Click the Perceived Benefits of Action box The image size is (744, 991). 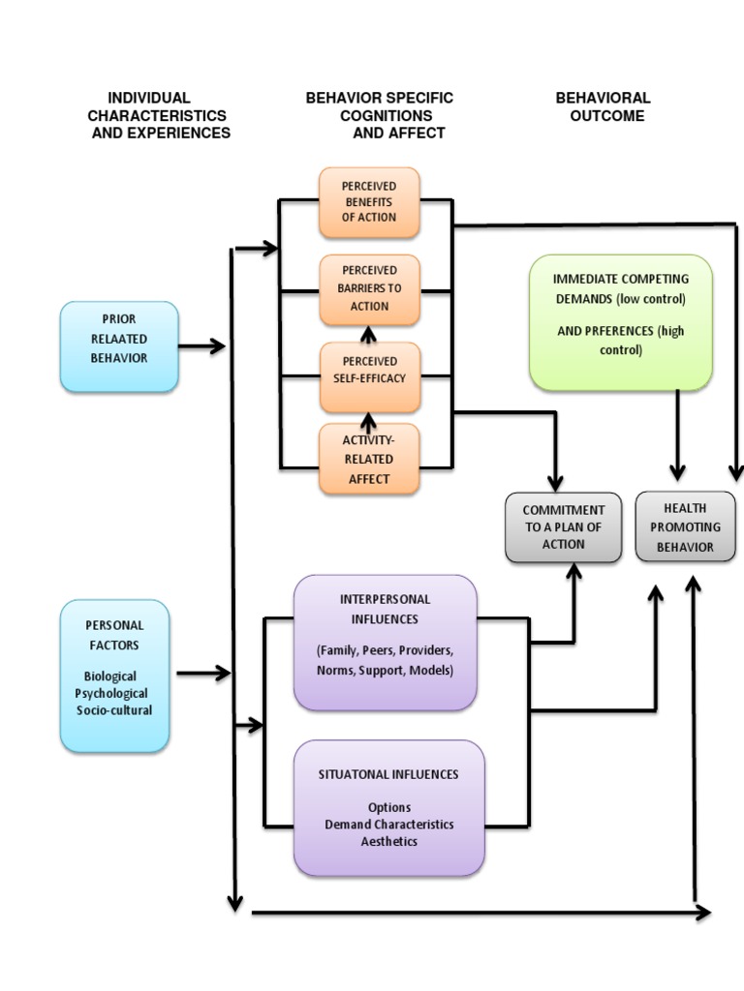point(369,201)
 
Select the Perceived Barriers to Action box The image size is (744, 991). point(369,289)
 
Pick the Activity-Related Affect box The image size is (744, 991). point(369,459)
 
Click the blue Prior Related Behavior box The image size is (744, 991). point(119,345)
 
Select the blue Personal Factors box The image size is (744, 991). point(114,675)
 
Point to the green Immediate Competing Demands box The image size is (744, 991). point(620,322)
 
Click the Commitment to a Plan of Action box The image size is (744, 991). point(564,526)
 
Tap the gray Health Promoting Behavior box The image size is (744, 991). point(685,526)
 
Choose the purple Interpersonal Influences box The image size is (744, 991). point(386,642)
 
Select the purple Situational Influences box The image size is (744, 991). point(388,807)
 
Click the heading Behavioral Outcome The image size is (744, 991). point(603,106)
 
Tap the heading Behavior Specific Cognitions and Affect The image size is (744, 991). point(379,115)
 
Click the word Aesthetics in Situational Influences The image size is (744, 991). point(388,841)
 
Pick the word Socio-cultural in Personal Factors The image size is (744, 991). point(114,710)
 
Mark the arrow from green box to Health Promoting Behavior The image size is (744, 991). point(677,435)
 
